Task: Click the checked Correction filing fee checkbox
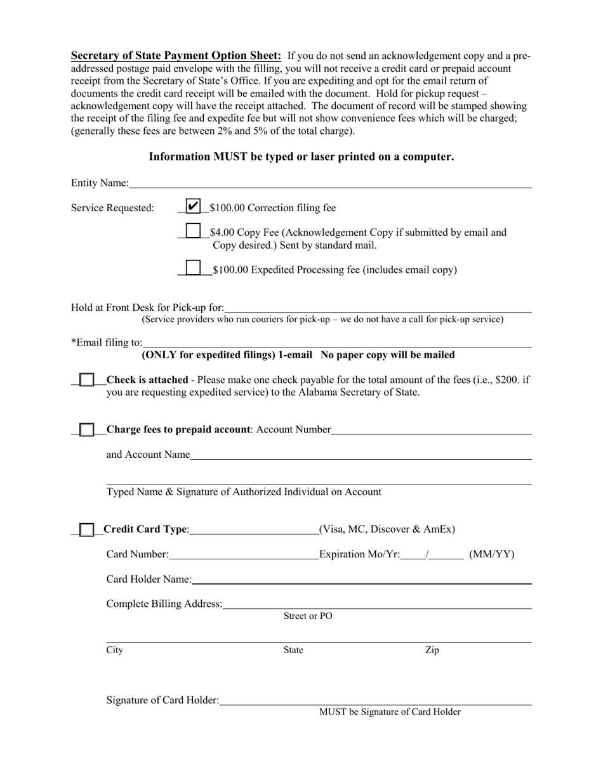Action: pos(193,207)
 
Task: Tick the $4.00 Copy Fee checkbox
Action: pos(193,232)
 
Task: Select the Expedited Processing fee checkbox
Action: pos(193,268)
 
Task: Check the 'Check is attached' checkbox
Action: pos(88,380)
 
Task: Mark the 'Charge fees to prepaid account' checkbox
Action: pos(88,429)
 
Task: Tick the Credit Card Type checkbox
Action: pos(88,529)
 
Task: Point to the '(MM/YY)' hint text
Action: pos(491,555)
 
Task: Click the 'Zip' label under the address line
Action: pos(432,650)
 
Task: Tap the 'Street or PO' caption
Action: pos(308,616)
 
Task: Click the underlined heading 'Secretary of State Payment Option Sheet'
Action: pos(176,55)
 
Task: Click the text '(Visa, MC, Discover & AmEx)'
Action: pos(387,529)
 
